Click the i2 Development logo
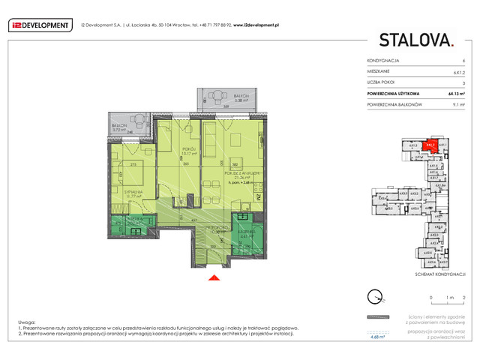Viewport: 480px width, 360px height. point(40,25)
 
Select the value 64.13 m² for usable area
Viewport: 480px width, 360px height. point(457,94)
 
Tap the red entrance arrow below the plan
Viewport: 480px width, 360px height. point(214,278)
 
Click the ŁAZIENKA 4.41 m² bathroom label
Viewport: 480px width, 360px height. point(248,233)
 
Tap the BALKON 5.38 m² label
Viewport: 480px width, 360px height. point(241,98)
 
